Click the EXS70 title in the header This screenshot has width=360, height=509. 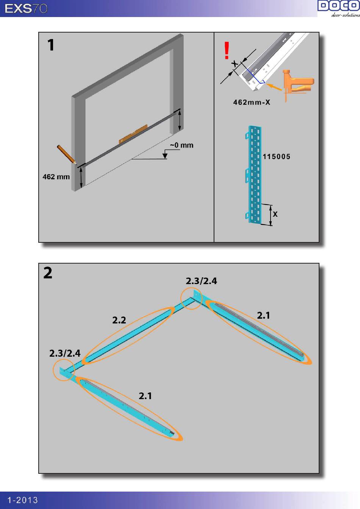26,9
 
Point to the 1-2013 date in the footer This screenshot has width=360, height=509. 23,500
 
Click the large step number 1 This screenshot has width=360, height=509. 51,45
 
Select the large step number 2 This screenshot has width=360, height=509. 48,273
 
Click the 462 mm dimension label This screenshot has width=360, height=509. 56,177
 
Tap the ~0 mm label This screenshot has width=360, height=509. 182,145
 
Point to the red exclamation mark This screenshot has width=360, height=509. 227,50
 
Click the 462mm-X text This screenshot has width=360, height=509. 252,102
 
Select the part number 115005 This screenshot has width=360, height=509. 277,156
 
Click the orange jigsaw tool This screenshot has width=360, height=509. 297,84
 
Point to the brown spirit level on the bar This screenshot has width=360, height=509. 133,134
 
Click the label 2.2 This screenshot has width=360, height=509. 119,320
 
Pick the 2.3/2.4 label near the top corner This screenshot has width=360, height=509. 201,281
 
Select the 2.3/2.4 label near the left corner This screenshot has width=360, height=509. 65,353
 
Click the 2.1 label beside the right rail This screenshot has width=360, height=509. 263,315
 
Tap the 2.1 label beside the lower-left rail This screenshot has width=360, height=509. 145,396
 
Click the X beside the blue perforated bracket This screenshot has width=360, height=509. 275,214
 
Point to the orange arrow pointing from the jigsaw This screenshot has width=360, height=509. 274,87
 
